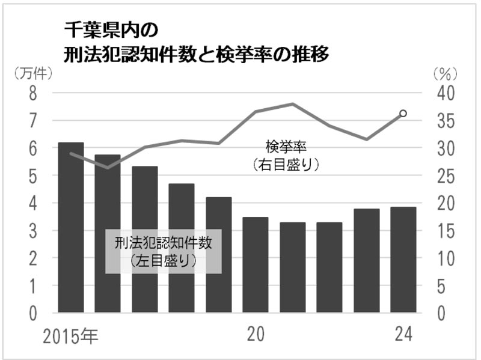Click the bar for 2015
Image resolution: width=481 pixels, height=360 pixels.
pyautogui.click(x=70, y=228)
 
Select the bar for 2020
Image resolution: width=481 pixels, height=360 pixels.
pyautogui.click(x=256, y=265)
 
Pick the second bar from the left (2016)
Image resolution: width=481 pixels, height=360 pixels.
pyautogui.click(x=108, y=234)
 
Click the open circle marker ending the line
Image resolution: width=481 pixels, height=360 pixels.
pyautogui.click(x=403, y=113)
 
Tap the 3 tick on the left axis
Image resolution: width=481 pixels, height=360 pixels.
pyautogui.click(x=34, y=231)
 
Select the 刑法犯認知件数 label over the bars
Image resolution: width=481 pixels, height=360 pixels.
pyautogui.click(x=164, y=243)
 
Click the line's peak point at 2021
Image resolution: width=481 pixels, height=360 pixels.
pyautogui.click(x=293, y=104)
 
